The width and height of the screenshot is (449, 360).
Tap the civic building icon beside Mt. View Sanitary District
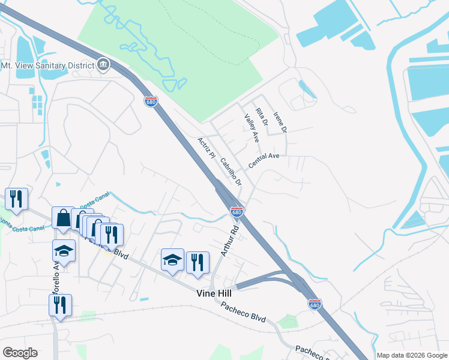103,65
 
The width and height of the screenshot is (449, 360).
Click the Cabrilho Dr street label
230,172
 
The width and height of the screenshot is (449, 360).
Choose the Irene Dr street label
280,122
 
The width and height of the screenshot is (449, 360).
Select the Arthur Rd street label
229,241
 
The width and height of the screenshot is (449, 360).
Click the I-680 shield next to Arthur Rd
237,211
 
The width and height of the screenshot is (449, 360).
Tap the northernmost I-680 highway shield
151,101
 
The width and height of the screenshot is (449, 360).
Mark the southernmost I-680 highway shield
314,304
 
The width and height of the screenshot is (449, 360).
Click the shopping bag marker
63,217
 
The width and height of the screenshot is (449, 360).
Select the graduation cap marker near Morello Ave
64,250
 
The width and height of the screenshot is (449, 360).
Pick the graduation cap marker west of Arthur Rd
172,260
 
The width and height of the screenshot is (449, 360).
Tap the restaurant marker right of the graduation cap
197,262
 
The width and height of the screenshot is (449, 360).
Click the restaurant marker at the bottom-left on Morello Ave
60,304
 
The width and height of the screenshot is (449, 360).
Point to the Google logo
20,353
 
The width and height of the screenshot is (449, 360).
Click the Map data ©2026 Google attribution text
412,355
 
